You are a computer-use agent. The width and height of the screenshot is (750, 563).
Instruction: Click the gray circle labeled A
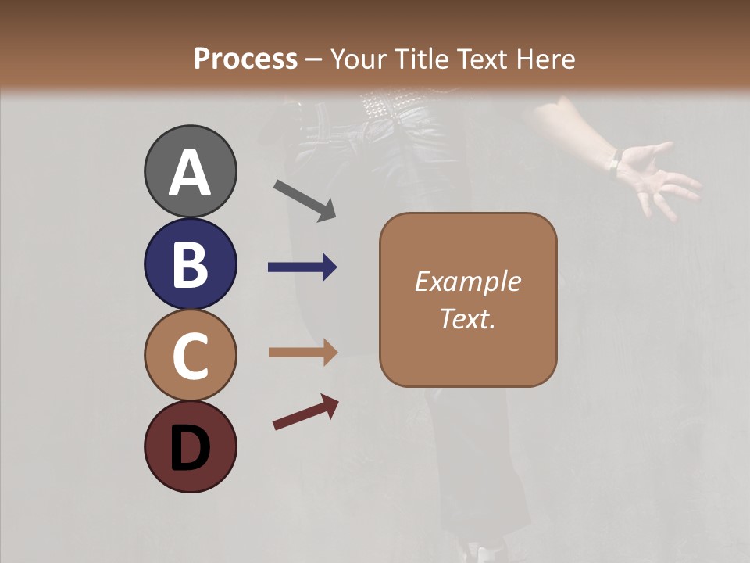pos(191,171)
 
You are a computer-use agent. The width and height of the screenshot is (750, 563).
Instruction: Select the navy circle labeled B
pos(191,264)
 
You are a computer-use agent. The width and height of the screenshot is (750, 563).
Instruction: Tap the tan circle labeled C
pos(191,356)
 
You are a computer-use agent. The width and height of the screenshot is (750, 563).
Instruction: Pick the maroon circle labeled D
pos(191,446)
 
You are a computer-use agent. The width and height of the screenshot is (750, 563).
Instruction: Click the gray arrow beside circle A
pos(305,200)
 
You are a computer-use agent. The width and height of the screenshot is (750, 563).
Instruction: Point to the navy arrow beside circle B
pos(302,267)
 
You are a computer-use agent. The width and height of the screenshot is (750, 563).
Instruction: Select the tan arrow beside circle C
pos(302,353)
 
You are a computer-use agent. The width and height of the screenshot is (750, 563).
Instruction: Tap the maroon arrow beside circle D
pos(305,412)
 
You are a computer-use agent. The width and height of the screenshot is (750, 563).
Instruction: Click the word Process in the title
pos(245,59)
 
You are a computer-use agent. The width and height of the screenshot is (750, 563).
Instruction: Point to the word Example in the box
pos(467,281)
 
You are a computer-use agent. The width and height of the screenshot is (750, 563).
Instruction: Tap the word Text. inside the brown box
pos(467,319)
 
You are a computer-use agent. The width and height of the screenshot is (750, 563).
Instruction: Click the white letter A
pos(191,173)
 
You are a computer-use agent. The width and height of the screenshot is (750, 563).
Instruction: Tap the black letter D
pos(191,447)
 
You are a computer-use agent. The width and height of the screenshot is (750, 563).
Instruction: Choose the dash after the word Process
pos(314,59)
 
